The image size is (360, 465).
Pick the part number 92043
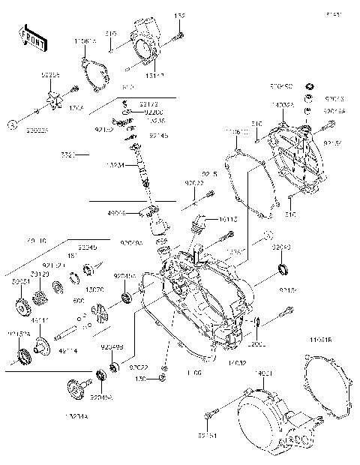click(x=281, y=245)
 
